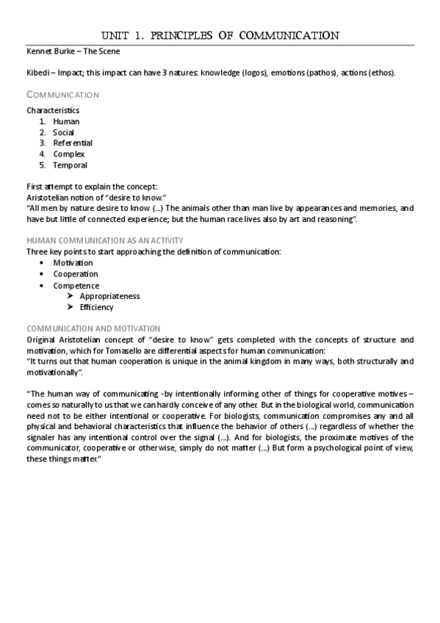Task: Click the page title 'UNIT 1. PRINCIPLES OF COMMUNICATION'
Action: coord(220,35)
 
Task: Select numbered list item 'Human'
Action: coord(66,121)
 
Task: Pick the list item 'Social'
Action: coord(64,132)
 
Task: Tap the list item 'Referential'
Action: coord(73,143)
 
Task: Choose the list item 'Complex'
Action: coord(69,154)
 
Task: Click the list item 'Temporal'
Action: coord(70,165)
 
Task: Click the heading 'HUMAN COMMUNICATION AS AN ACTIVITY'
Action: coord(105,241)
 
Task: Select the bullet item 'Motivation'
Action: coord(73,262)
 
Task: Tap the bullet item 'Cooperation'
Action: coord(75,274)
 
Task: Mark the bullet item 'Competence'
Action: coord(76,286)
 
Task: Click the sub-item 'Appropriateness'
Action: coord(109,296)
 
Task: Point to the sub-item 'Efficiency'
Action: coord(97,307)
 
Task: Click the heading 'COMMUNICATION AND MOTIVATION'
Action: coord(93,328)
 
